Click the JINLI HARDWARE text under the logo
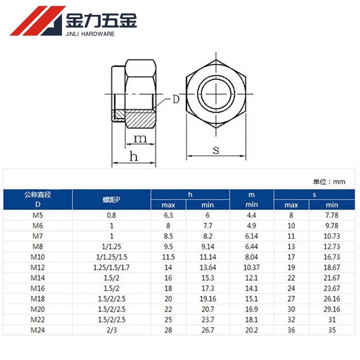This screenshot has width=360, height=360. click(90, 34)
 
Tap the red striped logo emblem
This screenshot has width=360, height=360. click(37, 21)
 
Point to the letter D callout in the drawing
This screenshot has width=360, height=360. click(176, 99)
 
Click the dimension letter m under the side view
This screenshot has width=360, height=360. click(140, 139)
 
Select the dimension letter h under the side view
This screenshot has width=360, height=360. click(134, 156)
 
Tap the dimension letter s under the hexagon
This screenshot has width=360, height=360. click(216, 150)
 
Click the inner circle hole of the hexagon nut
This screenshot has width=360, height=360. click(216, 94)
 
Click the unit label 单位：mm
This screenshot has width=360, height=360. click(329, 182)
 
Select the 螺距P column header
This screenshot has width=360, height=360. click(111, 200)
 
